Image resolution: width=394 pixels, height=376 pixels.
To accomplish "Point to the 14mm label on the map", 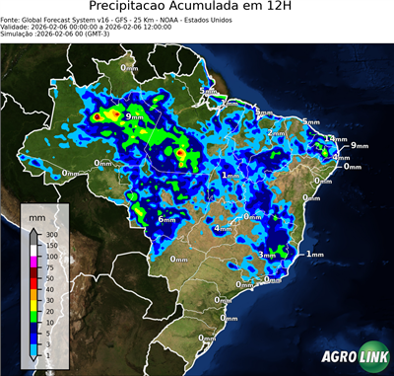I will pos(335,139).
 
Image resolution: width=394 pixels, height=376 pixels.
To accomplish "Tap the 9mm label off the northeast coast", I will pos(359,145).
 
